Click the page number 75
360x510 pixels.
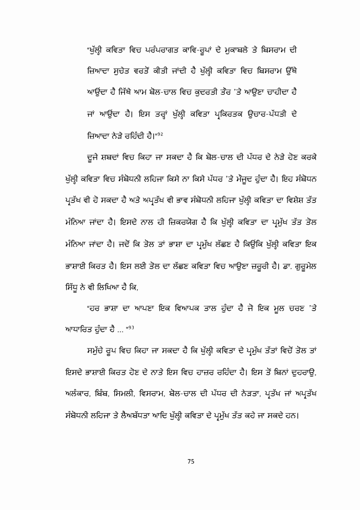tap(191, 462)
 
